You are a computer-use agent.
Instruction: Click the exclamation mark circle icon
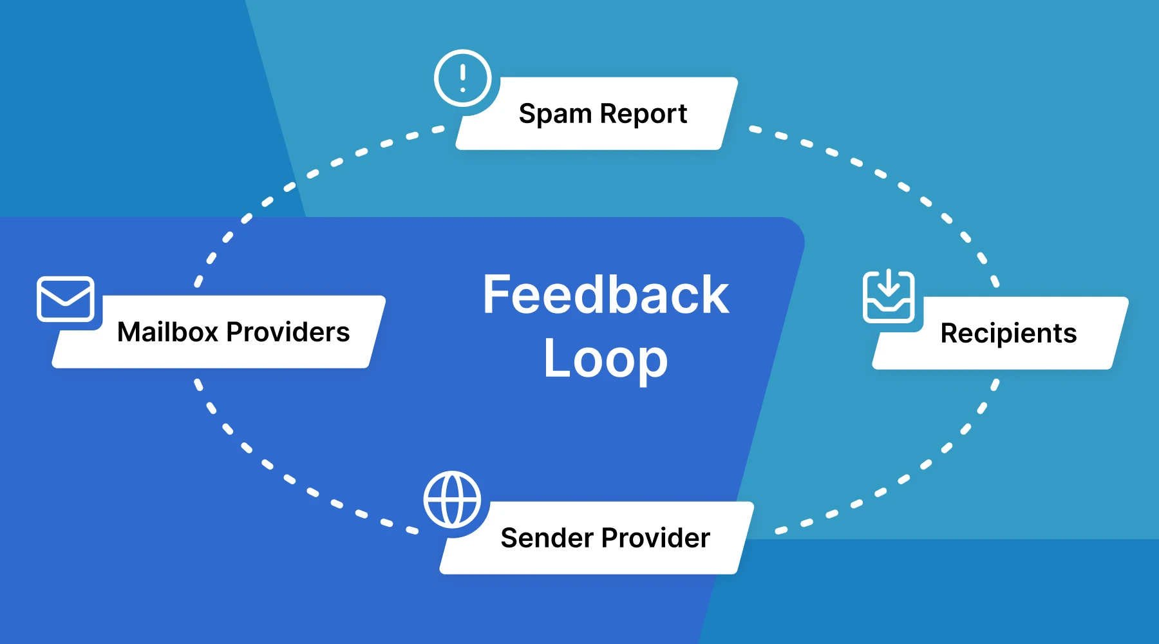[462, 78]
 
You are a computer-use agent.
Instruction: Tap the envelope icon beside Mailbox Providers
[66, 299]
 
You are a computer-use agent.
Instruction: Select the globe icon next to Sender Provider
[452, 500]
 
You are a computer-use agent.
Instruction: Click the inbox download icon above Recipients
[889, 296]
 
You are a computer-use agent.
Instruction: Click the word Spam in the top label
[555, 114]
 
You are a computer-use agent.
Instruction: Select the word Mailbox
[167, 332]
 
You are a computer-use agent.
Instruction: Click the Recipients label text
[1008, 334]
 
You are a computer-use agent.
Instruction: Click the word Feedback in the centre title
[606, 295]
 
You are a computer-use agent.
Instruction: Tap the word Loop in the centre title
[606, 359]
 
